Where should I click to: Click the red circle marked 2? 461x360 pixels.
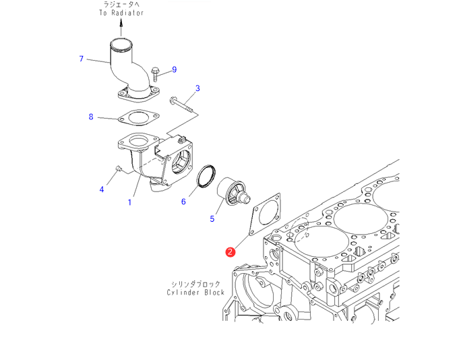(x=230, y=252)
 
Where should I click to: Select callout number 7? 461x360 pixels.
(x=81, y=59)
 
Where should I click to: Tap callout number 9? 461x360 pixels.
(x=174, y=69)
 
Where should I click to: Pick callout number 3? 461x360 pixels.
(x=197, y=88)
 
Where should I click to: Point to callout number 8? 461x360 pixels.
(x=91, y=117)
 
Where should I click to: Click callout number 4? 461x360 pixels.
(x=102, y=189)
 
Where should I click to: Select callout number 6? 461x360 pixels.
(x=183, y=201)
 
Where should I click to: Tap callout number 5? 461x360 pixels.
(x=212, y=218)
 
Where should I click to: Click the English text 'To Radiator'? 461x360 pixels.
(x=121, y=12)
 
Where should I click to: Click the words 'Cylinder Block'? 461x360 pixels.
(x=196, y=293)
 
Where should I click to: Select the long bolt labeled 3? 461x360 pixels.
(x=181, y=104)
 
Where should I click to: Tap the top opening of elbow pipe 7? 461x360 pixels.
(x=122, y=47)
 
